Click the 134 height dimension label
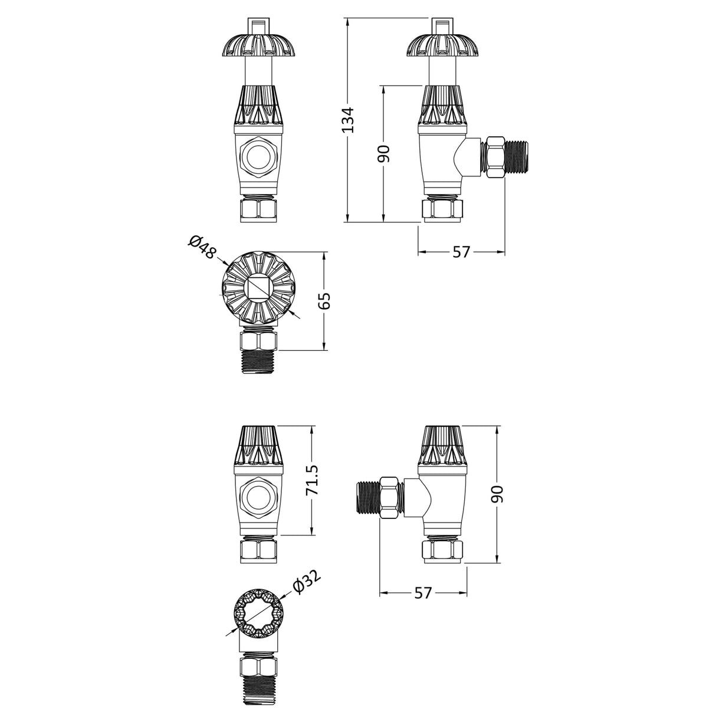point(349,120)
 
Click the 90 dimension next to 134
point(384,154)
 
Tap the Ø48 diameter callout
point(201,247)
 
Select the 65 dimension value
point(326,301)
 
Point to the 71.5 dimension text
point(313,480)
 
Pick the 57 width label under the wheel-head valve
point(461,252)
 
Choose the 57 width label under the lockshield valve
point(423,593)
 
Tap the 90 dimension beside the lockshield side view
point(498,494)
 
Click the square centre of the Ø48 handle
point(257,288)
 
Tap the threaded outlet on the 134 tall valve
point(518,158)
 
